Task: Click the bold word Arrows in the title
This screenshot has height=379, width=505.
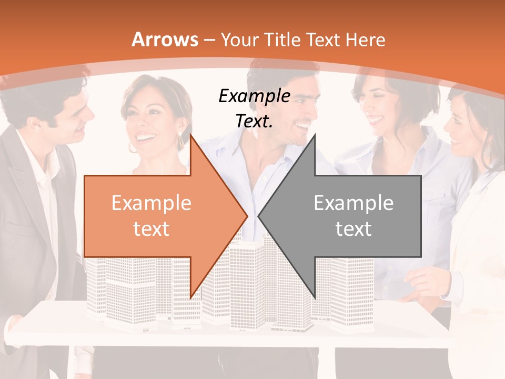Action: click(x=165, y=39)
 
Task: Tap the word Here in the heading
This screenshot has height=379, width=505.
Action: click(x=366, y=39)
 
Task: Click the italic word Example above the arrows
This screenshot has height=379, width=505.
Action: click(x=254, y=96)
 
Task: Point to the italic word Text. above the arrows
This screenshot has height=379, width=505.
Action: click(x=254, y=121)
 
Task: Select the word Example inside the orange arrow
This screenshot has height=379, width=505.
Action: click(x=151, y=203)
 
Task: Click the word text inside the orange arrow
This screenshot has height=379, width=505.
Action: click(x=151, y=228)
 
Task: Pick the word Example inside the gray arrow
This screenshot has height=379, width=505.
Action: click(x=353, y=203)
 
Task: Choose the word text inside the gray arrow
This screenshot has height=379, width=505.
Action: click(x=353, y=228)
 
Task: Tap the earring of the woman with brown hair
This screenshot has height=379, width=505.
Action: click(x=181, y=141)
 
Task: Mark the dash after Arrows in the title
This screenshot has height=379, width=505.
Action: click(x=209, y=40)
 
